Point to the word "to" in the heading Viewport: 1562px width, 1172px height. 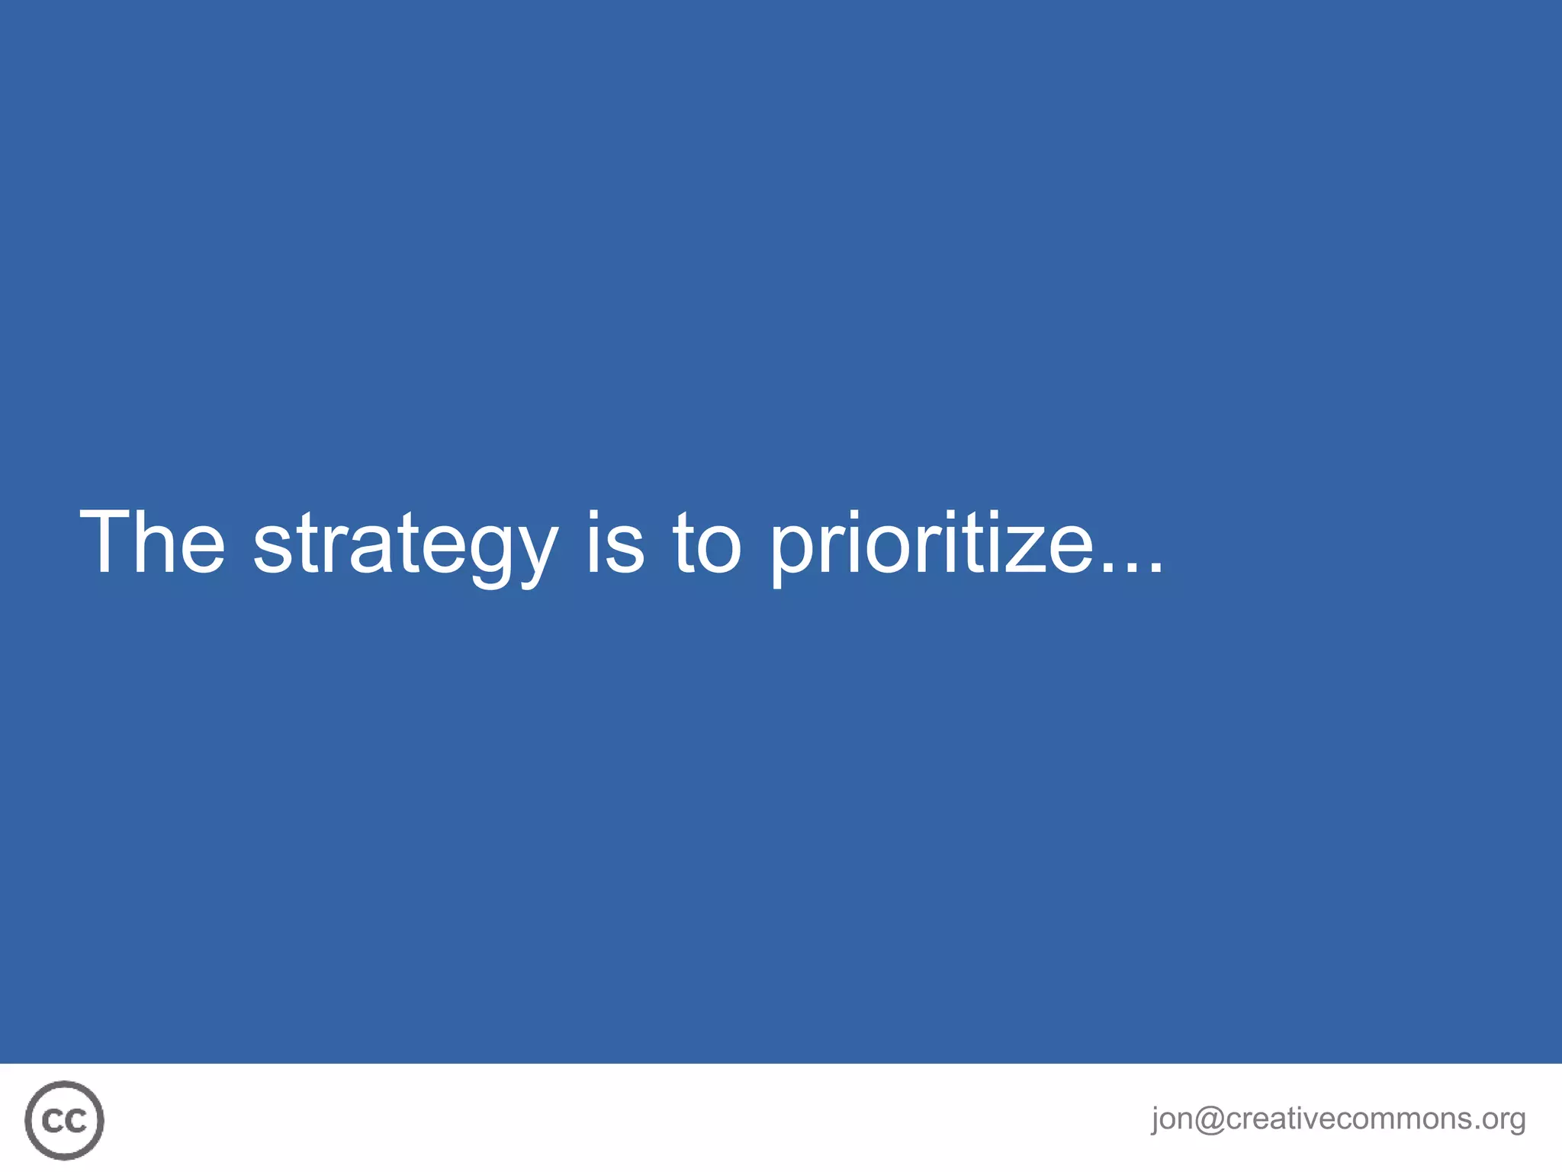pos(706,543)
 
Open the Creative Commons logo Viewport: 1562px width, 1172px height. pos(64,1120)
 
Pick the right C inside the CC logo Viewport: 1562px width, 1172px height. pos(76,1121)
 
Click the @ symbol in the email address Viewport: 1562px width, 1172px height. pos(1210,1119)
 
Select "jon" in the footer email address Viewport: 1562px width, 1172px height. pos(1172,1119)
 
